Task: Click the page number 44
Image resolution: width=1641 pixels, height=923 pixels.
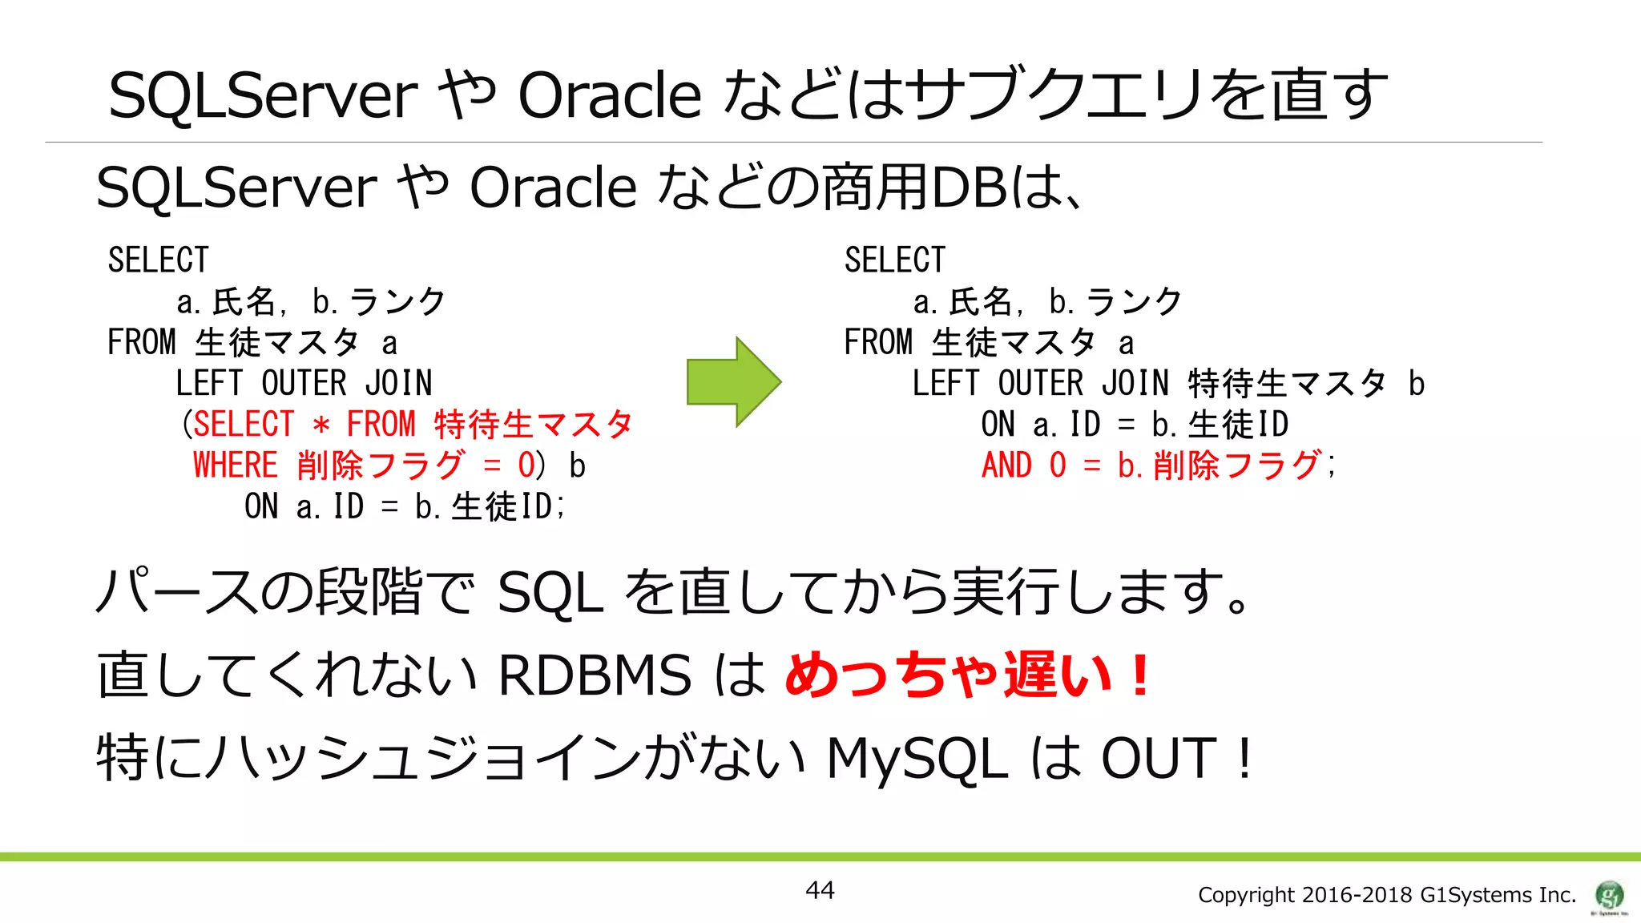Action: point(820,890)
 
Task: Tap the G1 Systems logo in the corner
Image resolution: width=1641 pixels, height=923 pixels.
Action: point(1609,895)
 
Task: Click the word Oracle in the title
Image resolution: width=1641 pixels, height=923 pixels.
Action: point(609,95)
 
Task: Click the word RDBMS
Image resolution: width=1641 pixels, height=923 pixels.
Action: point(594,675)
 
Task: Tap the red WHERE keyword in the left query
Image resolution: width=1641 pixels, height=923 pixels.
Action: point(235,466)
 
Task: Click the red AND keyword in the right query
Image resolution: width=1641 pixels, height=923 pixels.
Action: point(1006,466)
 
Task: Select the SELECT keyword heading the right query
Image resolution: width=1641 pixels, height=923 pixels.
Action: point(895,260)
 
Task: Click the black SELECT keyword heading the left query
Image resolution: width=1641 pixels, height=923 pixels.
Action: point(158,260)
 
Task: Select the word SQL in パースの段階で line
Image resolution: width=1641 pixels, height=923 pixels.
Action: point(550,593)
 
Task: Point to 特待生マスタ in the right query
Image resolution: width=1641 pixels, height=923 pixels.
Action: point(1287,384)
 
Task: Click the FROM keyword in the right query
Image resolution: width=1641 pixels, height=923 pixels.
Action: point(878,343)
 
